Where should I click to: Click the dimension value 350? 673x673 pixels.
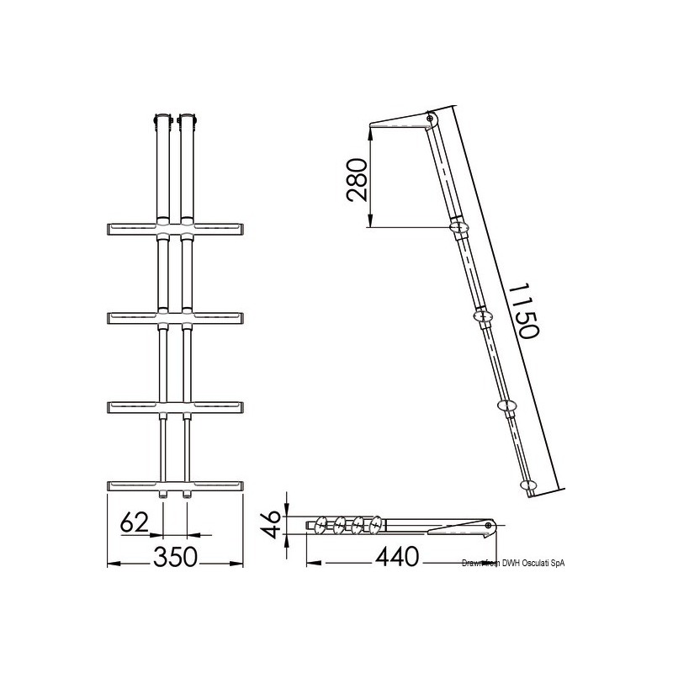coord(175,557)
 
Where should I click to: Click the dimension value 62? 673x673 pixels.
coord(135,522)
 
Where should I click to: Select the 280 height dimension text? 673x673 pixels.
coord(356,180)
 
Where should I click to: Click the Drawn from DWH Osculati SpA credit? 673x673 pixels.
coord(504,563)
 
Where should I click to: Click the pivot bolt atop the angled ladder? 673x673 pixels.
coord(432,119)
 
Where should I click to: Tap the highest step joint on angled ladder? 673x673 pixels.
coord(460,227)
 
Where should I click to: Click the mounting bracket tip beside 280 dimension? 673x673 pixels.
coord(374,129)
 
